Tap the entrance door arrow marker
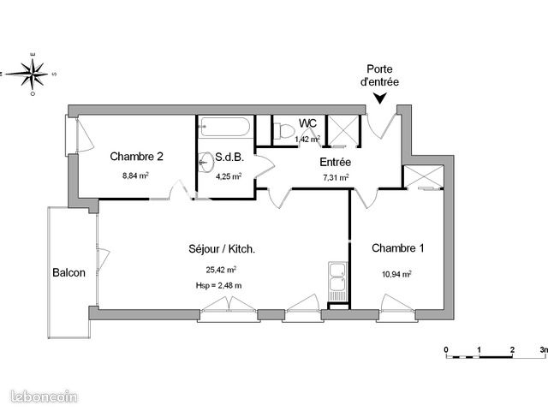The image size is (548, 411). [378, 101]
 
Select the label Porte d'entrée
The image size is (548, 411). [382, 75]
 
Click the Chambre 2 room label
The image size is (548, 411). [136, 157]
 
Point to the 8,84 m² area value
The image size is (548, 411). [136, 176]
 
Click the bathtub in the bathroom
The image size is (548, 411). [224, 128]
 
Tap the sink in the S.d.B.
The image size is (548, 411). [205, 160]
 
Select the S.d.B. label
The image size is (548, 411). [230, 158]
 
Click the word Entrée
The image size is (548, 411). [335, 162]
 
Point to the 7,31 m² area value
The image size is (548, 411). [335, 178]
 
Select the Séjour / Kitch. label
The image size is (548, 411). [222, 249]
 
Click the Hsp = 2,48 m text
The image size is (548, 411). [218, 285]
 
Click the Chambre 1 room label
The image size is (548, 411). [398, 248]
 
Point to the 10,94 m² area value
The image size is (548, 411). [398, 274]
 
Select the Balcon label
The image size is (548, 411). [68, 273]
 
